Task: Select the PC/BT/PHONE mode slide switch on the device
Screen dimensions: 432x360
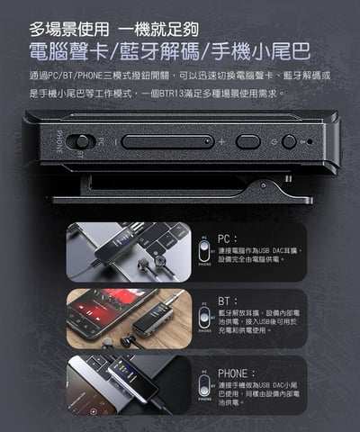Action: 82,141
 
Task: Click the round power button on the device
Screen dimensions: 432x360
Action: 289,141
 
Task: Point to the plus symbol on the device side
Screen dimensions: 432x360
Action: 221,141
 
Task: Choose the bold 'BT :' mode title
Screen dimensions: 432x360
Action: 229,301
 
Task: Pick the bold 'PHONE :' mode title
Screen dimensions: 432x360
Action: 238,371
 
